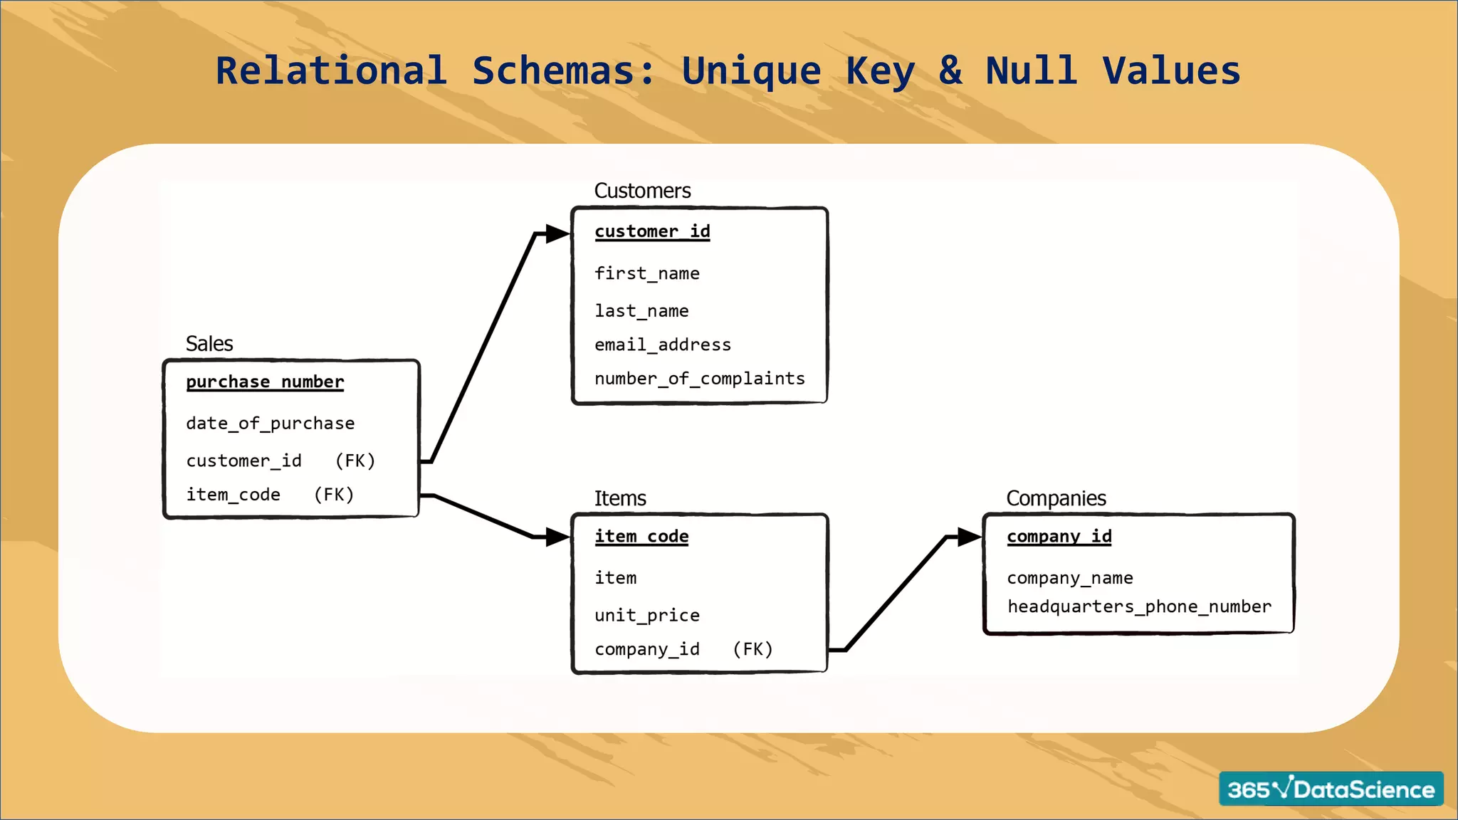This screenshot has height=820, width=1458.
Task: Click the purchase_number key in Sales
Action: click(265, 382)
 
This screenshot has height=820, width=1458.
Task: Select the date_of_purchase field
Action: click(270, 424)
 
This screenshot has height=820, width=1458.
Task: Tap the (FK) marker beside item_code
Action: click(334, 495)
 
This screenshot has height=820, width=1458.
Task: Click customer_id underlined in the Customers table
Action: click(652, 231)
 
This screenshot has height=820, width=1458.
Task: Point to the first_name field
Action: click(646, 273)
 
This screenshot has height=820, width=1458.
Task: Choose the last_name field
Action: click(641, 311)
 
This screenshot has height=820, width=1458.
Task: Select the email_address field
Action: click(662, 345)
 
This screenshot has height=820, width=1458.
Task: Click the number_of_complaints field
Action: click(699, 379)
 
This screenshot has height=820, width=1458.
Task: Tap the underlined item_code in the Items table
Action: click(641, 536)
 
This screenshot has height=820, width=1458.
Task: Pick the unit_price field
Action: click(646, 615)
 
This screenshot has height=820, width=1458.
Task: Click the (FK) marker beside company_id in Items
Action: click(752, 649)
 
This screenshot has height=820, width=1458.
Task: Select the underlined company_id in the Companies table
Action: click(1059, 536)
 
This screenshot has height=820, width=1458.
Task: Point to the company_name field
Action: click(1069, 578)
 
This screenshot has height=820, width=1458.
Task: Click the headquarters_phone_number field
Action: click(1138, 606)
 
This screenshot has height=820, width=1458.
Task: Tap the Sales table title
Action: click(209, 344)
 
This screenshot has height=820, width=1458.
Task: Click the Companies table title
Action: click(1056, 498)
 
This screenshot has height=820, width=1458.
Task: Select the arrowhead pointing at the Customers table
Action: click(557, 233)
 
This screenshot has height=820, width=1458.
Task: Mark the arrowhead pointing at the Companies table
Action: click(969, 537)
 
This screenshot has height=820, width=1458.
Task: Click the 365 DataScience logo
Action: click(1331, 789)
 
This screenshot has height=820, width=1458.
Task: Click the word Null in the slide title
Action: click(1031, 71)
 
